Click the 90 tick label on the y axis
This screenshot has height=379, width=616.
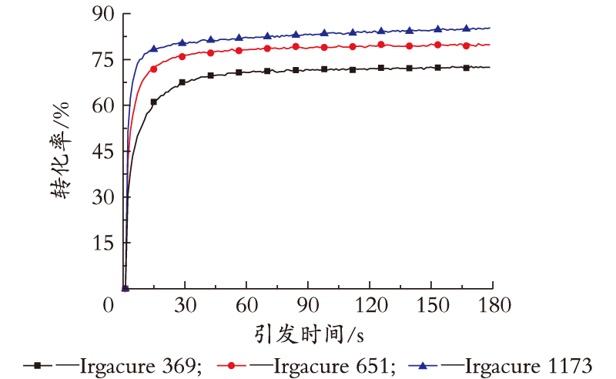tap(103, 14)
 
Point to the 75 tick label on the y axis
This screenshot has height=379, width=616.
tap(103, 60)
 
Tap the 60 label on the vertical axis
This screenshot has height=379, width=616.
tap(103, 106)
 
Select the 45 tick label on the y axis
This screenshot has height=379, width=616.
tap(103, 151)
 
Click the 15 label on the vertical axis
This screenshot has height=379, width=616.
tap(103, 243)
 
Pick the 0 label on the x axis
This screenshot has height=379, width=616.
tap(109, 305)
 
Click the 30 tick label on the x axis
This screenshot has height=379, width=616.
tap(185, 305)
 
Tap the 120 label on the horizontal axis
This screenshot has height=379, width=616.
tap(371, 305)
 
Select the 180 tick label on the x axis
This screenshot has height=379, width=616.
tap(494, 305)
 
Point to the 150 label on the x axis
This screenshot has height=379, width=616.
tap(433, 305)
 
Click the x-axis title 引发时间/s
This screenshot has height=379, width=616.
tap(309, 334)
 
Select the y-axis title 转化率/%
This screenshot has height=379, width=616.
tap(60, 150)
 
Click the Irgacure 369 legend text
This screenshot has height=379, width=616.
tap(141, 366)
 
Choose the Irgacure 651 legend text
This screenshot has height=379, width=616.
tap(334, 366)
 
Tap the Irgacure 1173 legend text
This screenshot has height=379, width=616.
tap(529, 366)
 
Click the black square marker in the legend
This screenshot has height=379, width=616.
tap(37, 366)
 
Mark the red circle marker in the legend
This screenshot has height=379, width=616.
tap(231, 366)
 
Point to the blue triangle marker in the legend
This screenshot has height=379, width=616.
tap(423, 365)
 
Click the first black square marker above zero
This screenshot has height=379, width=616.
tap(153, 102)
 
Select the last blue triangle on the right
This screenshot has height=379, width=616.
tap(467, 28)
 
